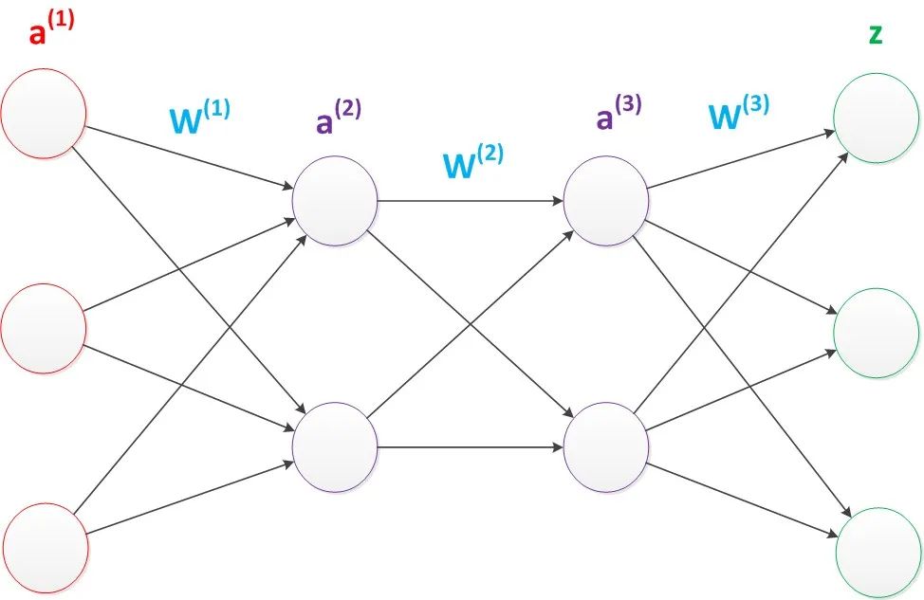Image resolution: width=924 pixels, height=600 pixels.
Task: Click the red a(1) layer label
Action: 52,28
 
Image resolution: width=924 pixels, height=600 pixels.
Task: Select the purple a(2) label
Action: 339,117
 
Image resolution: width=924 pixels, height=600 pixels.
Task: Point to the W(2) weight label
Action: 473,161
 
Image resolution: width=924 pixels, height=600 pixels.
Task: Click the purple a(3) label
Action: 619,113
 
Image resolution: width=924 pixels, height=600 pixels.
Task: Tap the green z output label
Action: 876,35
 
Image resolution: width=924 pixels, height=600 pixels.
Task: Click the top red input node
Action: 44,113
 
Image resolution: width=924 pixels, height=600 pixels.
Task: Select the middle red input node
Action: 44,329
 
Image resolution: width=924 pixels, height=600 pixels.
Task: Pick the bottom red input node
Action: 45,548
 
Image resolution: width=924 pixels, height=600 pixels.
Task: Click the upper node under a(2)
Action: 335,201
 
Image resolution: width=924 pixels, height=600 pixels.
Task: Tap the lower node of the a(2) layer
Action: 335,447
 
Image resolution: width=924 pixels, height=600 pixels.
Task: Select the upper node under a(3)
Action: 606,201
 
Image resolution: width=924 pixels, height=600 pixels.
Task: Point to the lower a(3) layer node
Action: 606,447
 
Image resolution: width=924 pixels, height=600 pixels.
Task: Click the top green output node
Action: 877,118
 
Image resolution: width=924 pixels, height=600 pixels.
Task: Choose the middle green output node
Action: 877,334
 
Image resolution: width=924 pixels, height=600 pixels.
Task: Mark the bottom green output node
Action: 878,553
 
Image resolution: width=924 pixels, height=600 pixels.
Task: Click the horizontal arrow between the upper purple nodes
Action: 471,201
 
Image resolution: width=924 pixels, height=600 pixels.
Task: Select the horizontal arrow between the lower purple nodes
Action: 471,447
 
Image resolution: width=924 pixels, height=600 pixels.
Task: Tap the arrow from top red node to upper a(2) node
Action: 190,157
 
